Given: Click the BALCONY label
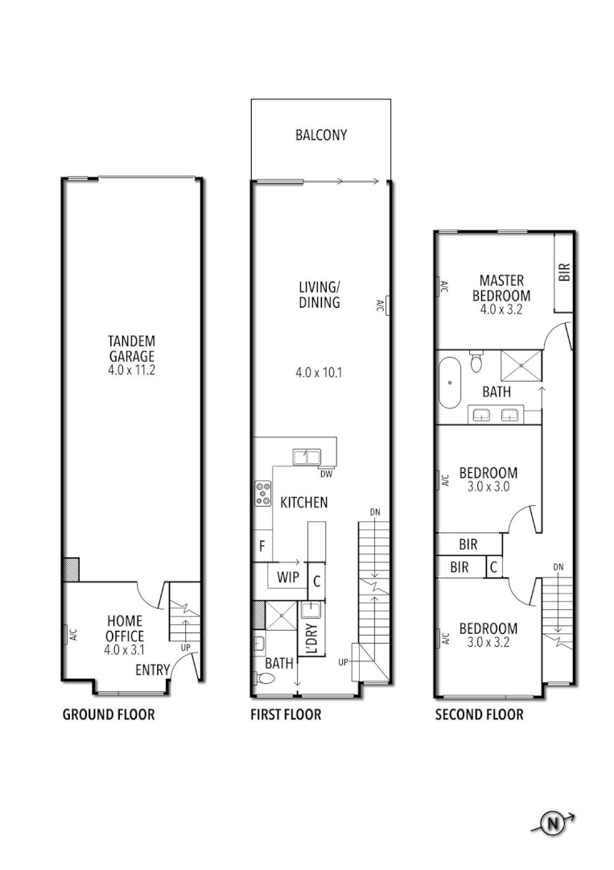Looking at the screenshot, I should pyautogui.click(x=321, y=135).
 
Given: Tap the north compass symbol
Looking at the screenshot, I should pyautogui.click(x=553, y=823).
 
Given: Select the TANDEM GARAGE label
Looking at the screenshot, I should pyautogui.click(x=132, y=349).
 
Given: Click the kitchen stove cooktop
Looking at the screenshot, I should pyautogui.click(x=263, y=493).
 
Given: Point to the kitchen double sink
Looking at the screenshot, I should pyautogui.click(x=306, y=458).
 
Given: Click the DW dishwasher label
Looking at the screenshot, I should pyautogui.click(x=326, y=474).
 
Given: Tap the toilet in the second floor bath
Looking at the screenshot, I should pyautogui.click(x=476, y=362).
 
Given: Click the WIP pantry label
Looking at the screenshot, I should pyautogui.click(x=288, y=578).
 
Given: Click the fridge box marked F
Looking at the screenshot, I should pyautogui.click(x=262, y=547).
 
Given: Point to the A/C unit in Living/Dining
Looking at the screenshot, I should pyautogui.click(x=388, y=304).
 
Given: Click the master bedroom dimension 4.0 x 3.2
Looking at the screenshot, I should pyautogui.click(x=501, y=309).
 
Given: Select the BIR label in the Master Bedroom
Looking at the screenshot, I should pyautogui.click(x=564, y=272).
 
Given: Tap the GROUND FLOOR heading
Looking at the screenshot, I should pyautogui.click(x=109, y=715).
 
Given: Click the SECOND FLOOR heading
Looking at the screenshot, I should pyautogui.click(x=479, y=715).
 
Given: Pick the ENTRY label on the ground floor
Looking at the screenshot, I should pyautogui.click(x=152, y=670).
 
